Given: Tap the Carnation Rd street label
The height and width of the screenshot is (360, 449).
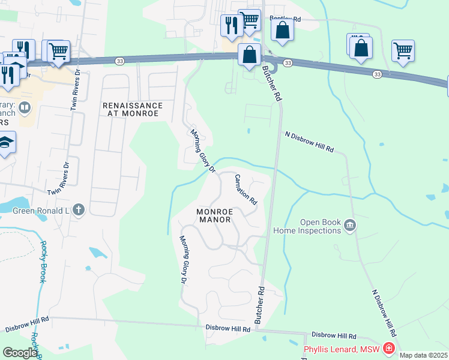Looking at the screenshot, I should click(246, 188).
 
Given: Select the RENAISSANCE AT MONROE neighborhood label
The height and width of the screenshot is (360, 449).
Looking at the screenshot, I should click(131, 109).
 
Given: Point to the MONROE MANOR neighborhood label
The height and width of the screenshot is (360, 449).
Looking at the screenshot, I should click(214, 215).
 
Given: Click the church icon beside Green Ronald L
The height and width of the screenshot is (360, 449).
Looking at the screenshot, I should click(79, 209).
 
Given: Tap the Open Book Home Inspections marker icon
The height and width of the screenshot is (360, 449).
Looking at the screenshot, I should click(351, 226).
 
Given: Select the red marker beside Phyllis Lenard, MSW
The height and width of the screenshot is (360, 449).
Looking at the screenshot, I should click(389, 349).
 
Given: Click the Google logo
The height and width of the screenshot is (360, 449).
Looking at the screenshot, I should click(19, 353).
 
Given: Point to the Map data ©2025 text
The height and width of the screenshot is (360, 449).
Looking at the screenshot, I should click(423, 355).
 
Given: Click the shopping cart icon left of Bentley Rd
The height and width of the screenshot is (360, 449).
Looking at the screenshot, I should click(249, 20).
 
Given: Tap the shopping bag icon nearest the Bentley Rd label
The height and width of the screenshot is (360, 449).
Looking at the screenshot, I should click(282, 30).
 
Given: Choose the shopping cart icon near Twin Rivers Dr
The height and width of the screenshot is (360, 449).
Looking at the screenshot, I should click(58, 52).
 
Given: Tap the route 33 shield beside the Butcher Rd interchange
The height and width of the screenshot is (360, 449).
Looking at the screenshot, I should click(288, 63).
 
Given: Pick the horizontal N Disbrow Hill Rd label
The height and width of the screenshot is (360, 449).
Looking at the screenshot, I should click(309, 142).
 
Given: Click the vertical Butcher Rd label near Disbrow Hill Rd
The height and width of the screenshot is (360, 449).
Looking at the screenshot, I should click(261, 305).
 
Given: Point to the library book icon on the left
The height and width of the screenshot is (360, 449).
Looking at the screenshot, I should click(25, 108).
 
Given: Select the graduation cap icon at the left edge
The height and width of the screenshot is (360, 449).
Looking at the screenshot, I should click(6, 142).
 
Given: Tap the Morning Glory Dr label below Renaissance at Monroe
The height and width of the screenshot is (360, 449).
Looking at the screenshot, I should click(203, 151).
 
